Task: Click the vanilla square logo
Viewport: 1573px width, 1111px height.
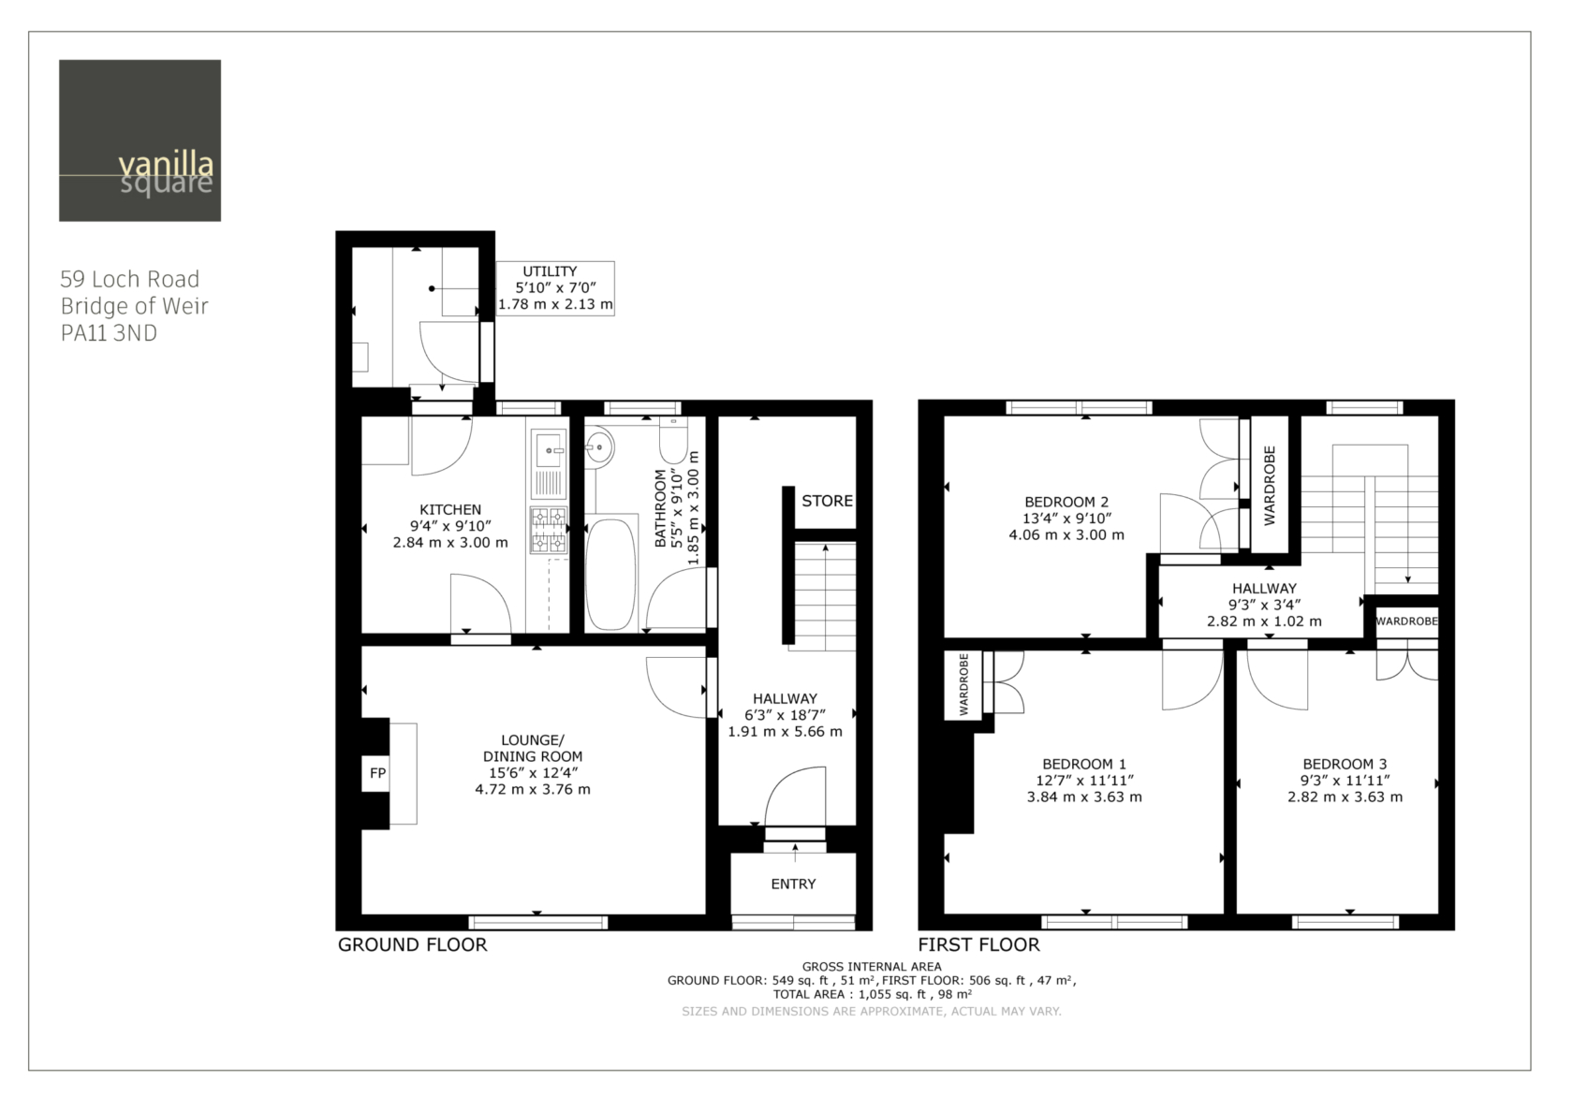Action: point(140,140)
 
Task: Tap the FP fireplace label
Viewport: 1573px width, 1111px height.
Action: point(378,773)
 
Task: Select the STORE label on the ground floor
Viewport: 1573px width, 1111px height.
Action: point(828,501)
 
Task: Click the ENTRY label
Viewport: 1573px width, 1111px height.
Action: point(794,884)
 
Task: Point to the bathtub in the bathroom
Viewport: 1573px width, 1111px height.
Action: point(610,574)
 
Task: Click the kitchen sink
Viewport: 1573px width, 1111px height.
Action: point(549,448)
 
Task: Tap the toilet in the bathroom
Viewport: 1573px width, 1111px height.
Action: point(672,439)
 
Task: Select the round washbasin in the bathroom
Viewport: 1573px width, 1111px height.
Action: point(599,446)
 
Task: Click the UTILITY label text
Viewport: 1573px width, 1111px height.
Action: point(550,271)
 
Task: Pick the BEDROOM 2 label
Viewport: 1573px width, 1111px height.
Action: point(1066,502)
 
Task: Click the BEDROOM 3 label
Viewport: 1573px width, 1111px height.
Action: point(1345,764)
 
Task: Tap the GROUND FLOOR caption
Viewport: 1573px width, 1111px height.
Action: point(412,944)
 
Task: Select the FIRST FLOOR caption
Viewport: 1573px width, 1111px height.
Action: point(979,944)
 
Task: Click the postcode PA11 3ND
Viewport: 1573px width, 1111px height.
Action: point(109,332)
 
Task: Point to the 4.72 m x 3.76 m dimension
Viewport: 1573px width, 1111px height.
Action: point(533,789)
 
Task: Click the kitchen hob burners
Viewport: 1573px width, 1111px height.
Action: point(549,529)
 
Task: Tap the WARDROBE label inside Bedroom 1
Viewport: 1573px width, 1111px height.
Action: point(963,684)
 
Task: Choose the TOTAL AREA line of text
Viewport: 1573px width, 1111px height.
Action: point(873,994)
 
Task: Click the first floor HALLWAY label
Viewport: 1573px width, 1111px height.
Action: point(1264,588)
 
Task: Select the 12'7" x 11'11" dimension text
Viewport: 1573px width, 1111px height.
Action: point(1085,781)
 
